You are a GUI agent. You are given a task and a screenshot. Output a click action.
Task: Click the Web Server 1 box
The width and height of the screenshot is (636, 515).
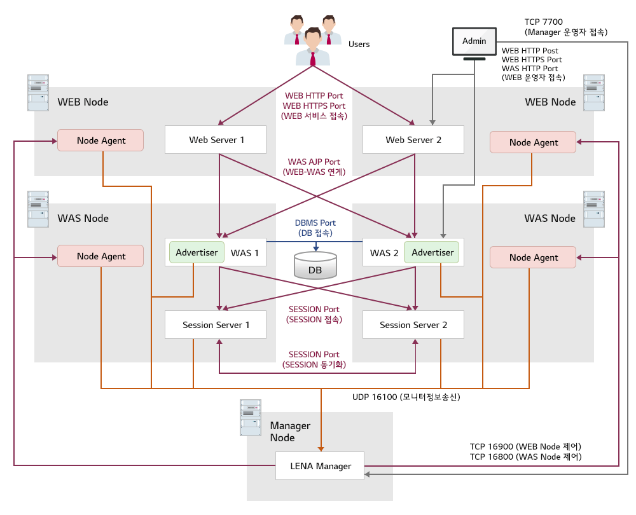pyautogui.click(x=216, y=139)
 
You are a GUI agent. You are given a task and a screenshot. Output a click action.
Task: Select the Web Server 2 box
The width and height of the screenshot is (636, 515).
pyautogui.click(x=413, y=139)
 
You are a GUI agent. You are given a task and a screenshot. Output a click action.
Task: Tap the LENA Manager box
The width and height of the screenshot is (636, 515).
pyautogui.click(x=320, y=466)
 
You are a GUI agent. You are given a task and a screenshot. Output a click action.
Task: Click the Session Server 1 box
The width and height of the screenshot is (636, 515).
pyautogui.click(x=216, y=325)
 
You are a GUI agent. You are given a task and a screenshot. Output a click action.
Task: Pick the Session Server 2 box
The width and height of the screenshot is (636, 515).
pyautogui.click(x=413, y=325)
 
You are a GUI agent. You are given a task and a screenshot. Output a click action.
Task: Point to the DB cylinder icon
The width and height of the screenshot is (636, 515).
pyautogui.click(x=315, y=265)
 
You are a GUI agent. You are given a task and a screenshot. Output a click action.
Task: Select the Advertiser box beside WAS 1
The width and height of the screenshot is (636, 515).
pyautogui.click(x=197, y=252)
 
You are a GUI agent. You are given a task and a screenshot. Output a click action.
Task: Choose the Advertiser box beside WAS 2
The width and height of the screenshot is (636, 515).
pyautogui.click(x=432, y=252)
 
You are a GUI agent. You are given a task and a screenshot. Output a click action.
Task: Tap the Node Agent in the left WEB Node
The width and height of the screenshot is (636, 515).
pyautogui.click(x=101, y=141)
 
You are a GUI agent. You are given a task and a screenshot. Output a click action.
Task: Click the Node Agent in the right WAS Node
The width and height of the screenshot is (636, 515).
pyautogui.click(x=533, y=257)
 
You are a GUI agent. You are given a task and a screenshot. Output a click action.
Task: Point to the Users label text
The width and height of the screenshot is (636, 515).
pyautogui.click(x=359, y=45)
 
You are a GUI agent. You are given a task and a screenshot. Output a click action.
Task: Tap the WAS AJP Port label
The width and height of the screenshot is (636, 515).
pyautogui.click(x=314, y=162)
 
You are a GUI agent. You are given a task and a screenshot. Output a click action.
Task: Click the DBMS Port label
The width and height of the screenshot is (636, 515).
pyautogui.click(x=315, y=223)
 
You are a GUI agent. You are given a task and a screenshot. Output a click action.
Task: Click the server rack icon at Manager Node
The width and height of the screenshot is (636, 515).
pyautogui.click(x=251, y=417)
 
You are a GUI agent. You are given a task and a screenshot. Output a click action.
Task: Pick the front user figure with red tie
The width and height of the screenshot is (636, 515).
pyautogui.click(x=313, y=47)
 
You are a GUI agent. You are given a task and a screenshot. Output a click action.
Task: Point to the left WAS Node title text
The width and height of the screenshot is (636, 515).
pyautogui.click(x=83, y=218)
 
